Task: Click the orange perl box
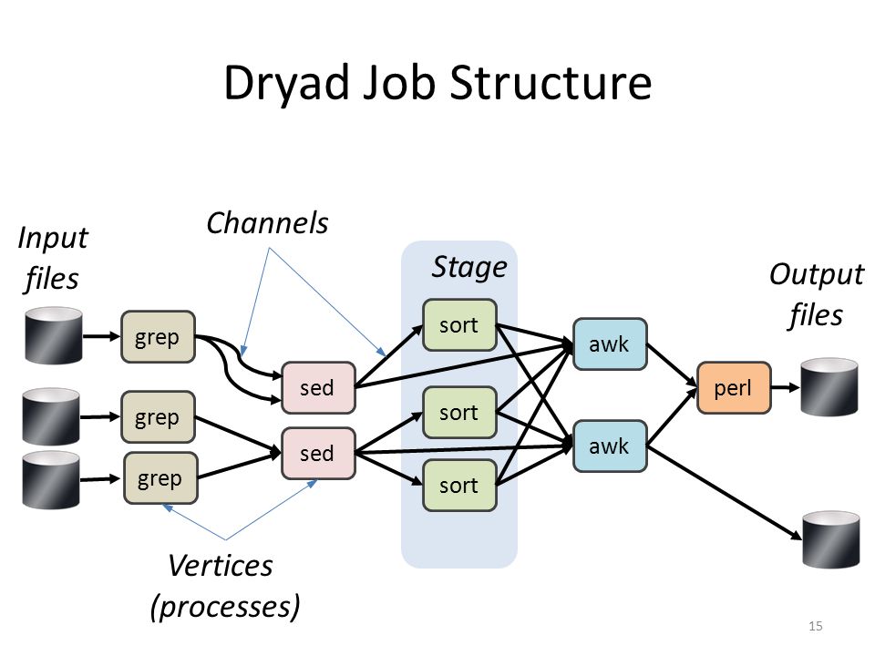pyautogui.click(x=734, y=388)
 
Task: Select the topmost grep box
pyautogui.click(x=158, y=337)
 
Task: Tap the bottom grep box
pyautogui.click(x=160, y=478)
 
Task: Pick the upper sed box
pyautogui.click(x=318, y=388)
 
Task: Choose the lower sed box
pyautogui.click(x=318, y=454)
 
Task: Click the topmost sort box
pyautogui.click(x=459, y=325)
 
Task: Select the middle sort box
pyautogui.click(x=459, y=412)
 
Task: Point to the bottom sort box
pyautogui.click(x=459, y=486)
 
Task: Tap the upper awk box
pyautogui.click(x=610, y=344)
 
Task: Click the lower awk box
pyautogui.click(x=610, y=446)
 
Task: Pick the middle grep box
pyautogui.click(x=158, y=417)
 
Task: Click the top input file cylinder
pyautogui.click(x=54, y=335)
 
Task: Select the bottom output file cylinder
pyautogui.click(x=831, y=539)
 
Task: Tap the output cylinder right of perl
pyautogui.click(x=829, y=387)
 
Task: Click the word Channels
pyautogui.click(x=267, y=223)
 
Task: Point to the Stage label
pyautogui.click(x=469, y=267)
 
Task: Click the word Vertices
pyautogui.click(x=221, y=566)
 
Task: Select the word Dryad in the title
pyautogui.click(x=286, y=83)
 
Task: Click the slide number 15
pyautogui.click(x=815, y=626)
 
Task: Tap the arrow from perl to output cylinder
pyautogui.click(x=786, y=387)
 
